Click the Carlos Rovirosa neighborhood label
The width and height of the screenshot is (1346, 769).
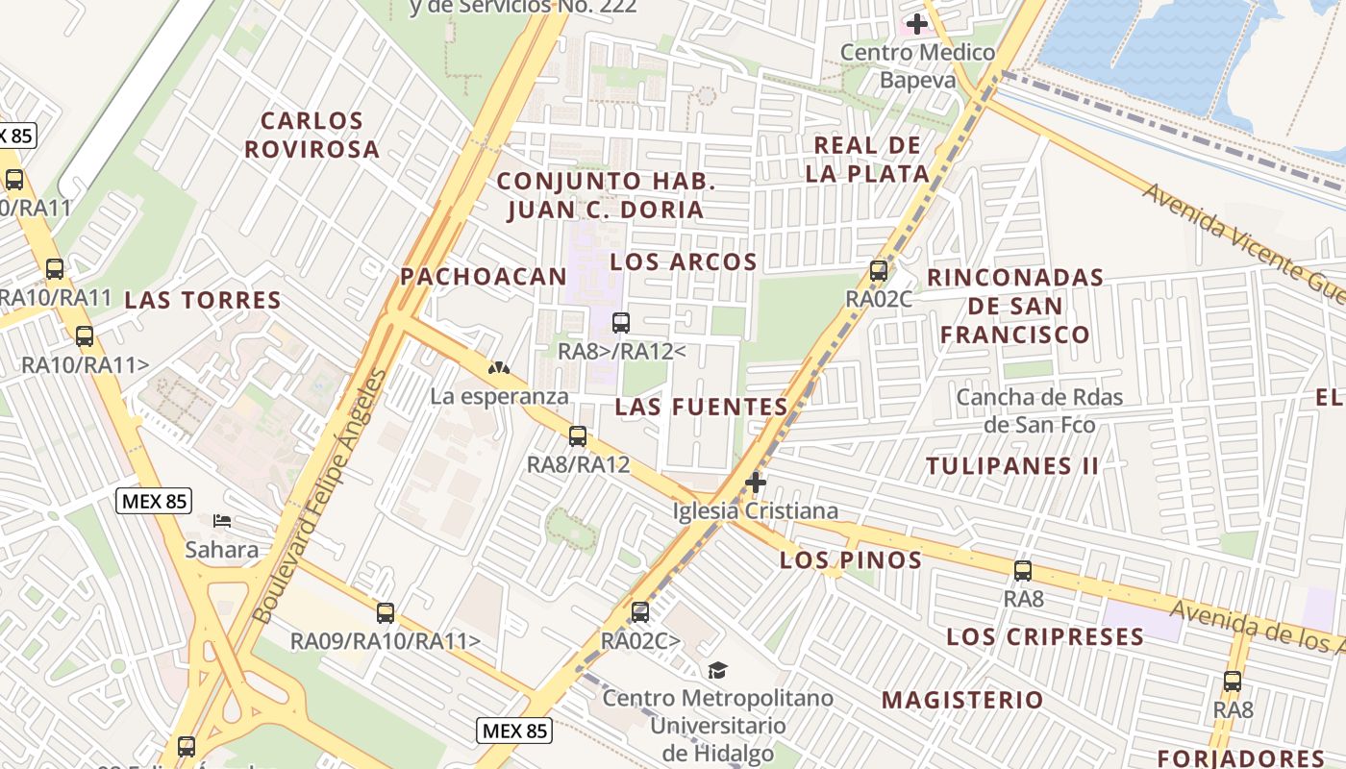coord(312,135)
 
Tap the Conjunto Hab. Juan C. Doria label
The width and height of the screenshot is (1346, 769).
coord(606,195)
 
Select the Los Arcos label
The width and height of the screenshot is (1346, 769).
coord(684,261)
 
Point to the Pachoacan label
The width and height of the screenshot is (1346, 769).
coord(484,277)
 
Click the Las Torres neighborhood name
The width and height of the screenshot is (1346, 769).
coord(203,300)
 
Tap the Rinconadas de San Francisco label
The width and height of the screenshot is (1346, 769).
coord(1014,306)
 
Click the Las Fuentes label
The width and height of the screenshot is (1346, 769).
coord(702,407)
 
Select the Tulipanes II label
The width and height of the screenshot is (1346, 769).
coord(1011,466)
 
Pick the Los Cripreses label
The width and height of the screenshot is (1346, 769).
coord(1045,636)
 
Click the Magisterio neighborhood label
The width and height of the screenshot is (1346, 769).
coord(962,700)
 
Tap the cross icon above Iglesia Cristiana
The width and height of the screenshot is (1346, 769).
coord(756,482)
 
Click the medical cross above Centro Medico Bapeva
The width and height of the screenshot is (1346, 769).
coord(917,23)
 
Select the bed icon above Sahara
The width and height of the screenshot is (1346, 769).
coord(222,521)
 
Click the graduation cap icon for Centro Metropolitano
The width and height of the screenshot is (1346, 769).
coord(717,670)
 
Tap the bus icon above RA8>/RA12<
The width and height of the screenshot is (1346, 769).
coord(621,323)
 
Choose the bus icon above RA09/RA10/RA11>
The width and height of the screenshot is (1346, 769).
coord(386,612)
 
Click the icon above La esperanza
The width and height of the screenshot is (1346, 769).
coord(498,367)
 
